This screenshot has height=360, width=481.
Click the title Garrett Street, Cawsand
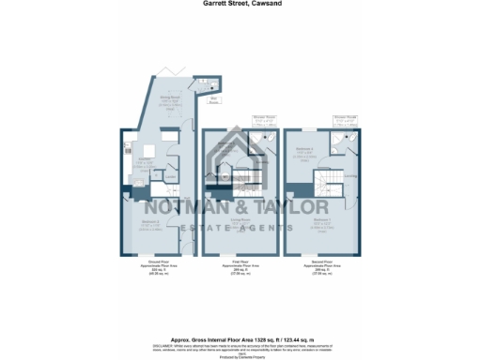(240, 4)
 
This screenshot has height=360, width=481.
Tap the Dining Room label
(170, 97)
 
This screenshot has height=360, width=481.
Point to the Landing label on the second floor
(349, 175)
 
